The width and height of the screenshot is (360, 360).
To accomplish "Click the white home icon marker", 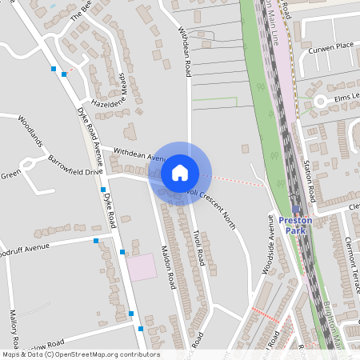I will pyautogui.click(x=180, y=172).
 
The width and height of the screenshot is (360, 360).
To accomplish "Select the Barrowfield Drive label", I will pyautogui.click(x=76, y=165).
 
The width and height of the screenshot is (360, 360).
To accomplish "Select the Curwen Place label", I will pyautogui.click(x=333, y=46).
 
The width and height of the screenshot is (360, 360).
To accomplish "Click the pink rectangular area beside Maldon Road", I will pyautogui.click(x=142, y=266).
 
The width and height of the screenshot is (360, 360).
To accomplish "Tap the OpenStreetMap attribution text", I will pyautogui.click(x=80, y=354).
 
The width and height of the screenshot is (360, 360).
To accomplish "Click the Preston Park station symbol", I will pyautogui.click(x=295, y=209).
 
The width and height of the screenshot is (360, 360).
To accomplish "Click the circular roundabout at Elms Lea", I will pyautogui.click(x=321, y=101).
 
